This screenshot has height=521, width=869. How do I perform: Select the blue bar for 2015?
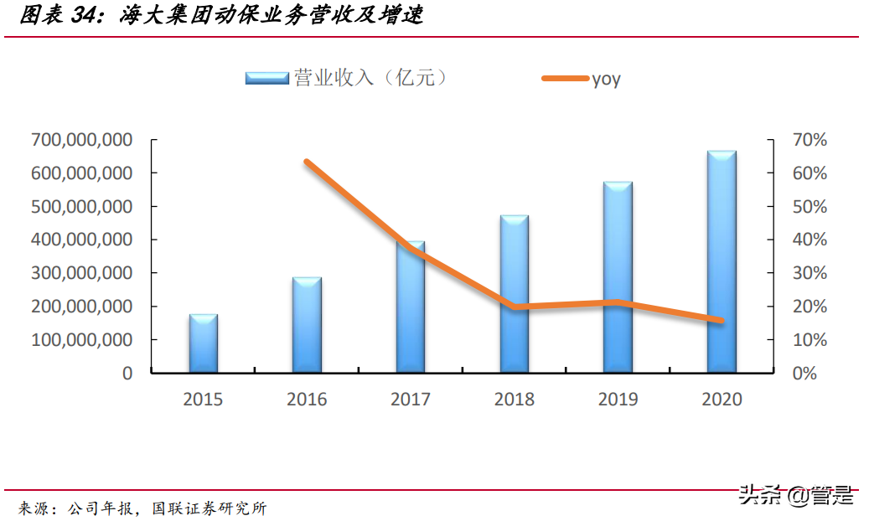point(204,343)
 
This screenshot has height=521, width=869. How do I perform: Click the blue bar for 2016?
point(307,325)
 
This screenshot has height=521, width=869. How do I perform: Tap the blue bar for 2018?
point(514,294)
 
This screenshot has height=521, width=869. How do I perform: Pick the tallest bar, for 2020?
point(721,262)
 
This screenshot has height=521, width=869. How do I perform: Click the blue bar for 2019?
point(618,277)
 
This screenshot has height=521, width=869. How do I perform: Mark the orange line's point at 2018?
point(514,307)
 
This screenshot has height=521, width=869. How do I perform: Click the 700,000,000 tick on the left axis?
point(81,140)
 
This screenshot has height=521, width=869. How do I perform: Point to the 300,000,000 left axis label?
point(81,273)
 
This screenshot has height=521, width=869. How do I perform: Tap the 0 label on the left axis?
point(127,374)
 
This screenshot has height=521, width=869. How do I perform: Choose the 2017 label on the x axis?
point(411,400)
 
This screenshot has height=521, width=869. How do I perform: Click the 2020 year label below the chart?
point(722,400)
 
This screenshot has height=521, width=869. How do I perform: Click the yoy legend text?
point(606,79)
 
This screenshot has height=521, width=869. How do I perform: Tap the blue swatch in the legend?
point(266,78)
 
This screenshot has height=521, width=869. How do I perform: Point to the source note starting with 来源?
point(142,508)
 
